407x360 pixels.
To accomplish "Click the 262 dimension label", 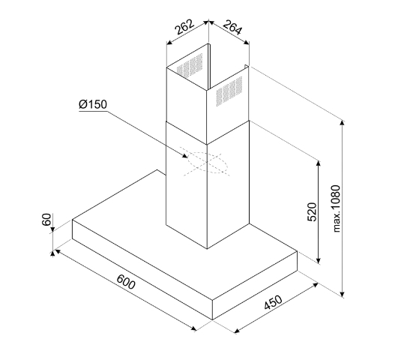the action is click(185, 27).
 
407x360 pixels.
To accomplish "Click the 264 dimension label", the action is click(232, 27).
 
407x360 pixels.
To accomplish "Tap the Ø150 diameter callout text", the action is click(93, 104).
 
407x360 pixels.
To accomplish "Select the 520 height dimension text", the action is click(312, 212).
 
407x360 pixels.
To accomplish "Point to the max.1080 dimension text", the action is click(336, 208).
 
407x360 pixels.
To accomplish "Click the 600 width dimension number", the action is click(126, 281).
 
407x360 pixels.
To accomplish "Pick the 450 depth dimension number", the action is click(273, 302).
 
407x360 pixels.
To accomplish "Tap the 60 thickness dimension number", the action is click(46, 220).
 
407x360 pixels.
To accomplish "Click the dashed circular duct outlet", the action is click(208, 163).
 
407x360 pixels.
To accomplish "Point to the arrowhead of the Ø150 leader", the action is click(185, 156).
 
